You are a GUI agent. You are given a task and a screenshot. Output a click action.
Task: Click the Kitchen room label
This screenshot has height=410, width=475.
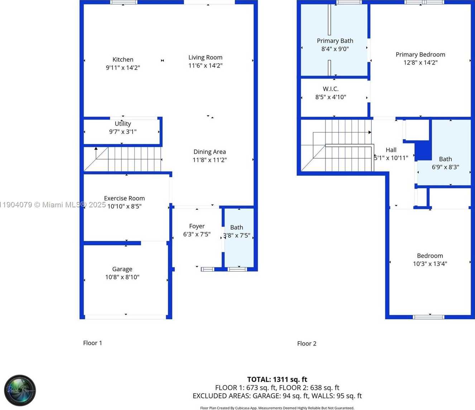(123, 60)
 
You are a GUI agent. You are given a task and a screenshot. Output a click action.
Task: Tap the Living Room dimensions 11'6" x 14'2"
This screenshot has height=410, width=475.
(205, 66)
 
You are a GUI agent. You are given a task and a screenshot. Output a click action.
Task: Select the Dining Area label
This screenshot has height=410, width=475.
(210, 152)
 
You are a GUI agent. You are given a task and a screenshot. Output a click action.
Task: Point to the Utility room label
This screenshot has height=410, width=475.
(123, 124)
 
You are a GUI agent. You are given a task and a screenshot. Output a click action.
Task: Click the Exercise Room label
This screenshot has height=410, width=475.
(124, 198)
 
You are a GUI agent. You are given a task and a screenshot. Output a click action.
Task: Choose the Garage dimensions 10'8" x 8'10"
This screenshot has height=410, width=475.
(122, 277)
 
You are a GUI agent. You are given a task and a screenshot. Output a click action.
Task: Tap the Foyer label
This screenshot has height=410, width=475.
(197, 226)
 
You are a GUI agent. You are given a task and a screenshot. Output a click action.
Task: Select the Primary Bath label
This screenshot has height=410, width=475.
(335, 41)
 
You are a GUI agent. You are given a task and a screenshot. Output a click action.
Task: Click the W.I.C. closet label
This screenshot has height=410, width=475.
(330, 89)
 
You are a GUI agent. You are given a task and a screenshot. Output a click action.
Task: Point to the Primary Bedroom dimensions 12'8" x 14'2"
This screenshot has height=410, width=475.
(420, 62)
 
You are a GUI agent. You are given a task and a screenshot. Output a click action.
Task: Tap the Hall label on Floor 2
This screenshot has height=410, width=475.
(391, 150)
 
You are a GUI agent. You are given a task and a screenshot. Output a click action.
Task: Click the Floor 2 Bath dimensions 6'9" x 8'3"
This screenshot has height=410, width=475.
(445, 167)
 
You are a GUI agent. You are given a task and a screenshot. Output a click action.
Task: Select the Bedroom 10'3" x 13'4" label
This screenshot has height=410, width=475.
(430, 256)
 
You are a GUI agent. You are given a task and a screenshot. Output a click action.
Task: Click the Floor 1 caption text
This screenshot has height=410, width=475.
(92, 343)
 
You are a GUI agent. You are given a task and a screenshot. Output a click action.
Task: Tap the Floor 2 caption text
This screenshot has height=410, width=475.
(307, 344)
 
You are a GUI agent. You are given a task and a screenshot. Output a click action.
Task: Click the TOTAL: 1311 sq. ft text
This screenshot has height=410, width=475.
(277, 380)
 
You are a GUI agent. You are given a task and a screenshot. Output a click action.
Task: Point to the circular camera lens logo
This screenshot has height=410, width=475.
(20, 390)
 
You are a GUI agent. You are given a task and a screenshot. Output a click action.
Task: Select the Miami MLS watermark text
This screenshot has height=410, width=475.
(53, 205)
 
